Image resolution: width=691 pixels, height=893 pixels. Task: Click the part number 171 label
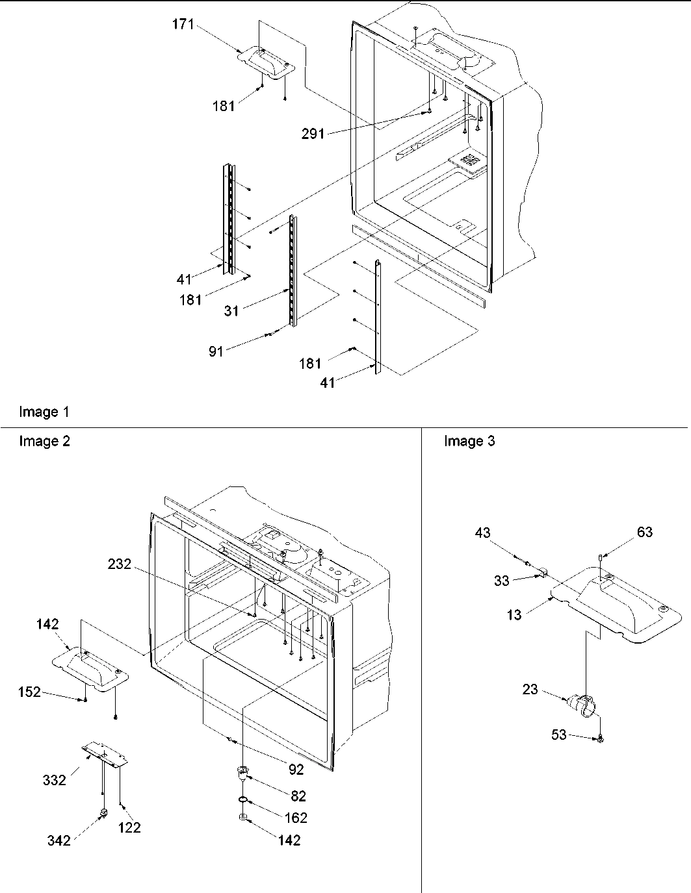point(183,26)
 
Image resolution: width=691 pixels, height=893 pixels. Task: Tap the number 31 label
point(232,311)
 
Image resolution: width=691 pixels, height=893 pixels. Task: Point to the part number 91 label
point(216,351)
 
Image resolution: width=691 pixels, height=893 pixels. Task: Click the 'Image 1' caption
point(44,412)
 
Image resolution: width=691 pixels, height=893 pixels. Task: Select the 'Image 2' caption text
point(44,442)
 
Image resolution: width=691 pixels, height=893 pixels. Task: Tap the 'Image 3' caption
point(469,442)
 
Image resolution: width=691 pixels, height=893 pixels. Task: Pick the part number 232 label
point(120,565)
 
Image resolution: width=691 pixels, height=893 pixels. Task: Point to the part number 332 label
point(55,780)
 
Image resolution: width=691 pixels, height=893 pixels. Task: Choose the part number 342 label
point(59,840)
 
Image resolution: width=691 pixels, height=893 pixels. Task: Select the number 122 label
point(129,827)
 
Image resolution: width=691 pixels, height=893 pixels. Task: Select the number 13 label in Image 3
point(514,614)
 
